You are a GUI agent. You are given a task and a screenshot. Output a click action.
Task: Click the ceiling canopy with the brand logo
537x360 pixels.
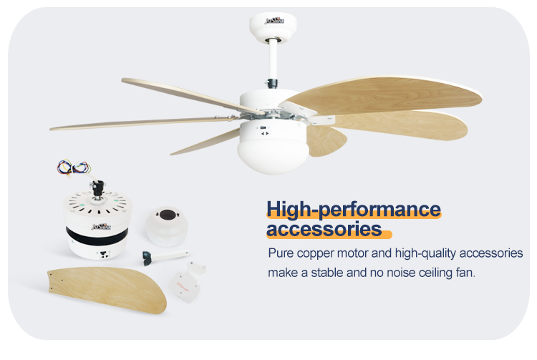(x=273, y=22)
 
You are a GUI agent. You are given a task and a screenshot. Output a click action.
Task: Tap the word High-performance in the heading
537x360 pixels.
(x=354, y=209)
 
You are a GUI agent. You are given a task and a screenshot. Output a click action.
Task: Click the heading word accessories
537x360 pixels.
(x=324, y=230)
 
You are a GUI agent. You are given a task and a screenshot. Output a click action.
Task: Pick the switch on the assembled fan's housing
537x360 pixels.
(x=263, y=131)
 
